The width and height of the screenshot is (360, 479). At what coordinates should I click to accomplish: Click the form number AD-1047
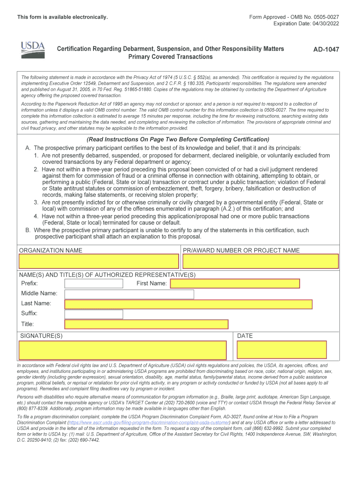[326, 49]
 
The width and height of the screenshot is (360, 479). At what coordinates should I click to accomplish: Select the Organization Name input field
[99, 261]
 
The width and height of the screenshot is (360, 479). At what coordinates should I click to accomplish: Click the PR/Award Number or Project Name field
[260, 261]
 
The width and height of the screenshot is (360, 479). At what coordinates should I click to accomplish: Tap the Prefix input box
[94, 283]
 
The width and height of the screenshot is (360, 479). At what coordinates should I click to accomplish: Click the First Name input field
[235, 283]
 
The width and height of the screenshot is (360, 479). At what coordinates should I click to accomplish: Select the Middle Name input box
[129, 294]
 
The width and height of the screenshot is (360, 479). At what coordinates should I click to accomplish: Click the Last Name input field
[188, 304]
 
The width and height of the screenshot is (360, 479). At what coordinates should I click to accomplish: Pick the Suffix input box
[94, 314]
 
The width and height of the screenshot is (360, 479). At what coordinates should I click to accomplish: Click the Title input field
[146, 324]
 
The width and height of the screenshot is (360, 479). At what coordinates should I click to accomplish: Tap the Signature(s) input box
[122, 350]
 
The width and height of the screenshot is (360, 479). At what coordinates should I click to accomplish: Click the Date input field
[282, 350]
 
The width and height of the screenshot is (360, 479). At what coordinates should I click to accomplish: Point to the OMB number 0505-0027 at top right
[322, 17]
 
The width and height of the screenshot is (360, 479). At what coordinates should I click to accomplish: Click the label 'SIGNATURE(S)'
[41, 336]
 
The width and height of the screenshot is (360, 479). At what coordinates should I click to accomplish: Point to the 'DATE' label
[245, 336]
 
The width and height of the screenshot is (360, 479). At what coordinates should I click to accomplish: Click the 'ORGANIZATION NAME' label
[50, 250]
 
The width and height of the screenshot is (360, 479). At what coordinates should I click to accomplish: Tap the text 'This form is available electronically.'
[63, 17]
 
